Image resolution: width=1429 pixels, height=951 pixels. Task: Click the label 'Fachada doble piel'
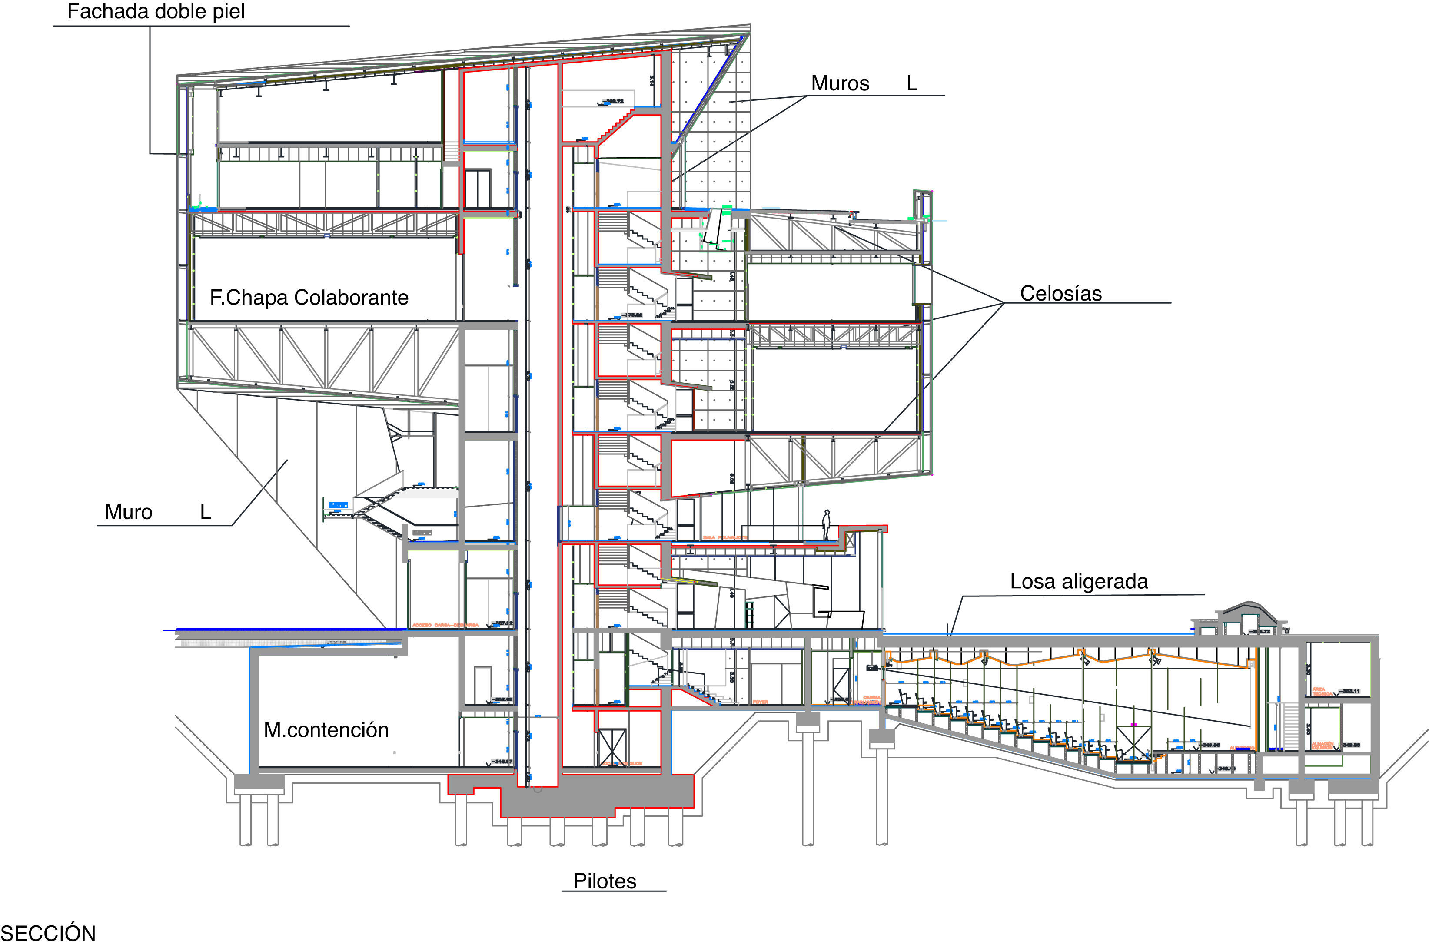(156, 12)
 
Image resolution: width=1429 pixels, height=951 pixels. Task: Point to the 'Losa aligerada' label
(1078, 582)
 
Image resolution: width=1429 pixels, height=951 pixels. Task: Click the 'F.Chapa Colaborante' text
(309, 298)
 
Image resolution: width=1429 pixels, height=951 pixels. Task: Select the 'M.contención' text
(326, 729)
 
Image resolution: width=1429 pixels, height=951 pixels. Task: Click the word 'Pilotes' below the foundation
(605, 881)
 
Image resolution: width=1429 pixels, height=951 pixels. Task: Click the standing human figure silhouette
(826, 525)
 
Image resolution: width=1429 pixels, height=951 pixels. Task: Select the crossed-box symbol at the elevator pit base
(611, 746)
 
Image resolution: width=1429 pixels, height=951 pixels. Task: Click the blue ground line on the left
(285, 630)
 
